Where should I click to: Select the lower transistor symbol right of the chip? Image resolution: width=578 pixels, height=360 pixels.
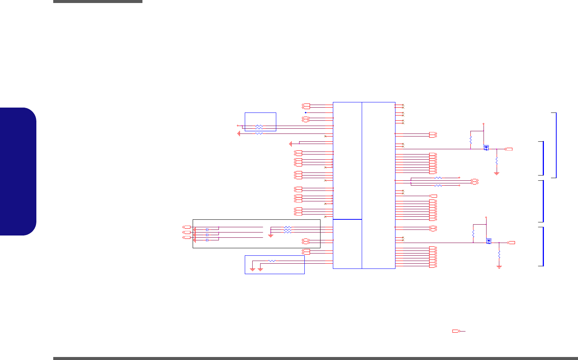tap(488, 241)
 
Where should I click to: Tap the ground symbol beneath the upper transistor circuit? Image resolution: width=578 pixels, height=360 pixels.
tap(497, 174)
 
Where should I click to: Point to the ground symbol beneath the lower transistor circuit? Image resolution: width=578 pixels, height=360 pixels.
tap(499, 267)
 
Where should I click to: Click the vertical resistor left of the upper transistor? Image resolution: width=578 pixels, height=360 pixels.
tap(470, 141)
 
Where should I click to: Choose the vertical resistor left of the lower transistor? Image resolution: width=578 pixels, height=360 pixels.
tap(473, 234)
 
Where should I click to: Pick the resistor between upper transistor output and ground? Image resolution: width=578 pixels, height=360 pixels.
tap(497, 160)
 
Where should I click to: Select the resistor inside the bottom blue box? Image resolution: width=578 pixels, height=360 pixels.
tap(272, 261)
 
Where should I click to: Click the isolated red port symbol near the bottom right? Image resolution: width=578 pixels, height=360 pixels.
tap(456, 331)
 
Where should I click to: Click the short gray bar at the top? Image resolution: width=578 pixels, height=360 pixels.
tap(97, 1)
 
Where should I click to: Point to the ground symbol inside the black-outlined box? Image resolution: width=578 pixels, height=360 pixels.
tap(271, 235)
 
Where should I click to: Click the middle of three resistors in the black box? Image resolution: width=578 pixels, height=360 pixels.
tap(288, 230)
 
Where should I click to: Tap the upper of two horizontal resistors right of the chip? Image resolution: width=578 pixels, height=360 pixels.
tap(438, 178)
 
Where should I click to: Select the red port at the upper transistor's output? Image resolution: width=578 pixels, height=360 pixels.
tap(509, 149)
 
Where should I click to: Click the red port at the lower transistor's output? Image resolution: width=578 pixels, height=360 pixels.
tap(511, 243)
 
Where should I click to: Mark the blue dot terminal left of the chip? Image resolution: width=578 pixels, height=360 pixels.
tap(305, 112)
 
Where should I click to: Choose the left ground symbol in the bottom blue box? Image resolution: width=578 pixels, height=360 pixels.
tap(253, 269)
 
